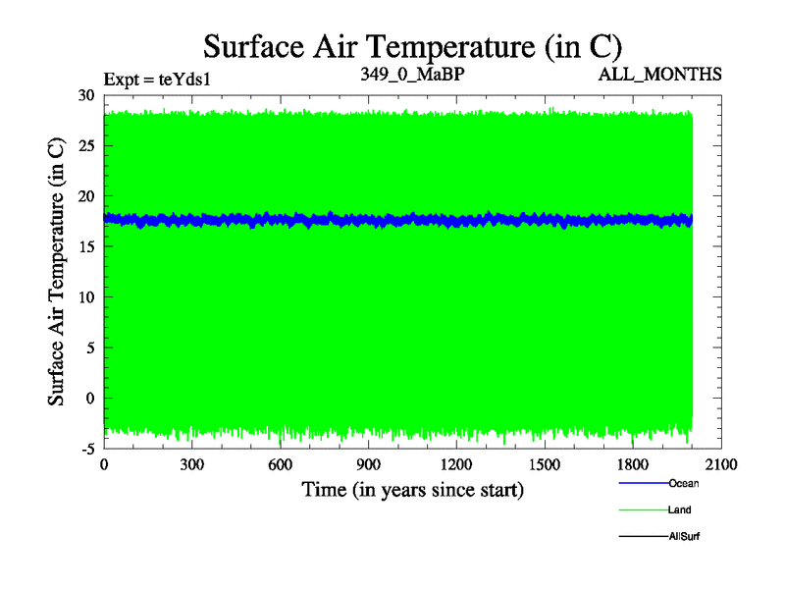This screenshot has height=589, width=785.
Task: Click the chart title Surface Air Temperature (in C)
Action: point(412,46)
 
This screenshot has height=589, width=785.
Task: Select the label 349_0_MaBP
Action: point(411,74)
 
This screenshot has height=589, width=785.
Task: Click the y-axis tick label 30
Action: point(85,95)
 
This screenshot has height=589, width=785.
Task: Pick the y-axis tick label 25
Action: point(85,146)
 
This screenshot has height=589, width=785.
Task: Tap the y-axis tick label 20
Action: point(85,196)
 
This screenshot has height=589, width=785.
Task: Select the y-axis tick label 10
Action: point(85,297)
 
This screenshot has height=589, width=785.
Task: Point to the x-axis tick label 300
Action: point(192,465)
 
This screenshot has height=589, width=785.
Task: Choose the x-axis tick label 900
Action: point(368,465)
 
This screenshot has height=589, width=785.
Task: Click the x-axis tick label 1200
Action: point(456,465)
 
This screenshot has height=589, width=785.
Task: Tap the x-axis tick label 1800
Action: point(633,465)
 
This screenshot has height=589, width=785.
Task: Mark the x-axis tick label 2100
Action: point(721,465)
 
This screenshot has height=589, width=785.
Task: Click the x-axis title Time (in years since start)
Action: point(412,489)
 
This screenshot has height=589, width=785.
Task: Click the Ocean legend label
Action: point(683,483)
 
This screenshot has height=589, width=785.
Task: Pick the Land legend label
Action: point(680,509)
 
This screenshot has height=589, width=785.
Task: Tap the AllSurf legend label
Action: point(684,536)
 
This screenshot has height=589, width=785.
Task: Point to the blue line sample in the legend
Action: point(643,483)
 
